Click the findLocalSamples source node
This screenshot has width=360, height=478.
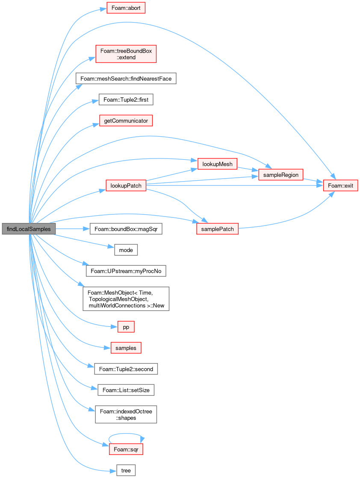(x=29, y=229)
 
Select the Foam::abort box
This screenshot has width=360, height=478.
(x=126, y=8)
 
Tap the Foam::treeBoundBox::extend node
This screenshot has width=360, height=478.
(x=126, y=54)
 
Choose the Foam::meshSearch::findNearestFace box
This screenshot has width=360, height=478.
(x=126, y=79)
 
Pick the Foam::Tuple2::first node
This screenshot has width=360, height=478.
(x=126, y=100)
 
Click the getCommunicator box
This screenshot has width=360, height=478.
(x=126, y=121)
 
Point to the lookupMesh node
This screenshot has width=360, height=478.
(x=217, y=164)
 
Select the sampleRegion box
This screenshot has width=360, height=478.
(x=280, y=175)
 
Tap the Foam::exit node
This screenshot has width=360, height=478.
(x=340, y=185)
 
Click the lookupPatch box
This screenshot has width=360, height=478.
(x=126, y=185)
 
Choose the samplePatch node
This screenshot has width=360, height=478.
(x=217, y=229)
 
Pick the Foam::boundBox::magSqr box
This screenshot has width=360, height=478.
(x=126, y=229)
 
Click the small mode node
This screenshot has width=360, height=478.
(x=126, y=250)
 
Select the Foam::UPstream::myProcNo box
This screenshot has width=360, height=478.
(x=126, y=271)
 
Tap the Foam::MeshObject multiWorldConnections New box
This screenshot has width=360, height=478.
(x=126, y=299)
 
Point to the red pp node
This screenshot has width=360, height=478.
(x=126, y=327)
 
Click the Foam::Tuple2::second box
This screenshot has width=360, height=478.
(x=126, y=369)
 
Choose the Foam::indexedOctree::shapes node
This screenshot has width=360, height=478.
(x=126, y=414)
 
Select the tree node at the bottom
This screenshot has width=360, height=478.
(x=126, y=470)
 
